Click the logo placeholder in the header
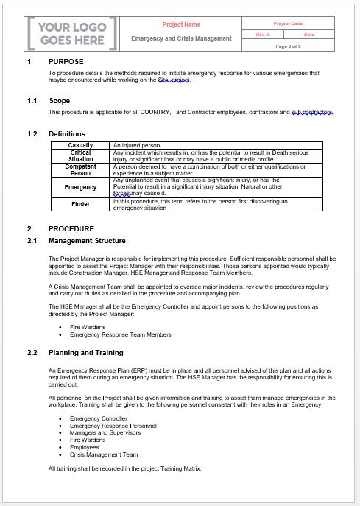click(x=72, y=33)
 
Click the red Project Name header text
click(x=181, y=24)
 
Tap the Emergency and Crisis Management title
click(x=181, y=38)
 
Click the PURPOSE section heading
click(x=66, y=61)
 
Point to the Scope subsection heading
click(x=60, y=100)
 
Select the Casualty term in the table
click(x=80, y=146)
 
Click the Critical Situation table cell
click(x=80, y=155)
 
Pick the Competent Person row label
click(x=80, y=170)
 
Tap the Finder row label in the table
click(x=80, y=204)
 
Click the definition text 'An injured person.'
click(x=137, y=146)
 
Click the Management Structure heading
click(x=87, y=241)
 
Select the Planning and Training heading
click(x=85, y=353)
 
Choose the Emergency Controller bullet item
click(x=98, y=418)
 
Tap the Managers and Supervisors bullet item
click(x=106, y=433)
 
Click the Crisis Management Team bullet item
click(x=103, y=454)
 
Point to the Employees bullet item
click(x=85, y=447)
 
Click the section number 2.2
click(x=32, y=353)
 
